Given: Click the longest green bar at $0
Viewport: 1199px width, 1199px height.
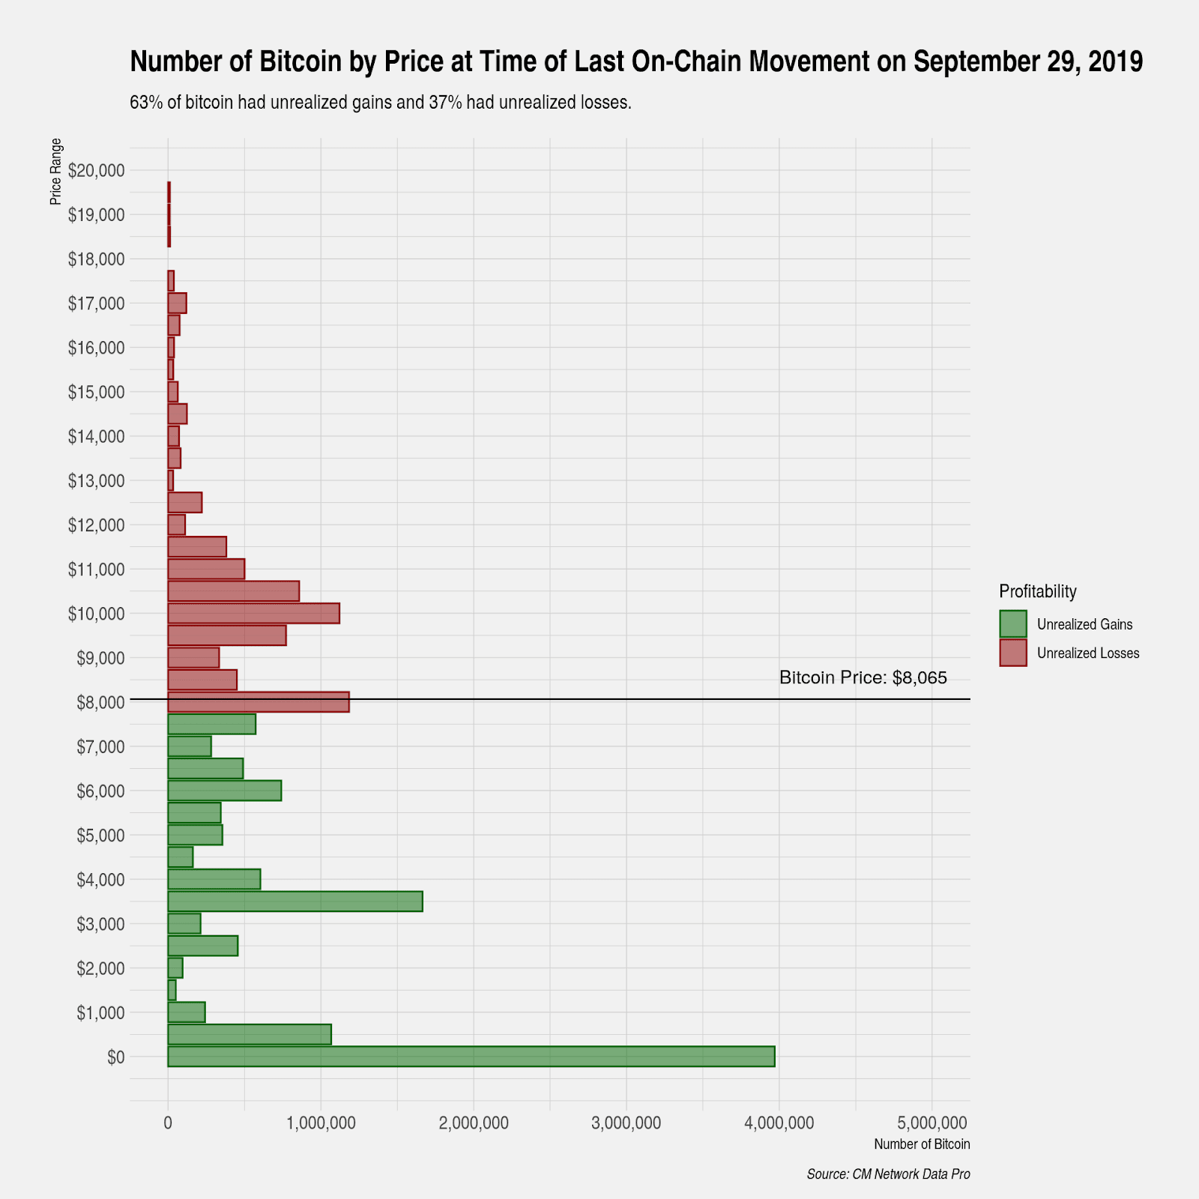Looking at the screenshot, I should (x=471, y=1057).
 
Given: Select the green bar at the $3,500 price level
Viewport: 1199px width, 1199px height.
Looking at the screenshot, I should (x=295, y=901).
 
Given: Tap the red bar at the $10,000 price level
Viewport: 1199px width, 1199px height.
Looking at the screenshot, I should (x=253, y=613).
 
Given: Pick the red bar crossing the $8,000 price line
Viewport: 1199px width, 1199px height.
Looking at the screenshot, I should (x=258, y=702).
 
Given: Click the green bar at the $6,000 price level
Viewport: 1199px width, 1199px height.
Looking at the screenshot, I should (x=224, y=791).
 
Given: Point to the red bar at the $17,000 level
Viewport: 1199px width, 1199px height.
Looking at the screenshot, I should (x=177, y=303).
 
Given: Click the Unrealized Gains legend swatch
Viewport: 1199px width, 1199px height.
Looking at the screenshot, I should (x=1012, y=624).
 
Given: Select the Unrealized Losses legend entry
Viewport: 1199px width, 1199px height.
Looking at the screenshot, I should (x=1087, y=653).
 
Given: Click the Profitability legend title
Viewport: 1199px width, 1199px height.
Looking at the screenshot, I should (x=1037, y=591).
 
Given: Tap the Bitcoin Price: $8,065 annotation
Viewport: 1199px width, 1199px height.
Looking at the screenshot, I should (x=863, y=678).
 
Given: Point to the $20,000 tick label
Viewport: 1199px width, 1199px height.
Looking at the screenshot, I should (x=96, y=171).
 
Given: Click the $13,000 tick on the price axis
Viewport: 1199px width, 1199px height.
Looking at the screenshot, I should (x=96, y=480).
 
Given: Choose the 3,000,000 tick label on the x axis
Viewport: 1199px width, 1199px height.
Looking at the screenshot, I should (x=626, y=1123).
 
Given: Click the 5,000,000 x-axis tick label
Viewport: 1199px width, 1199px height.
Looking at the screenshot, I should (x=931, y=1123).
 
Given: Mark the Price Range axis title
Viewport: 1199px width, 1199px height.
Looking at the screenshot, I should (x=56, y=172).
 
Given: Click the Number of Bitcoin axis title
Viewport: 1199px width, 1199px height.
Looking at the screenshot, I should (x=921, y=1145).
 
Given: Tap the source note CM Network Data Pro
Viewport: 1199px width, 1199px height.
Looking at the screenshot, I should (x=888, y=1174).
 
